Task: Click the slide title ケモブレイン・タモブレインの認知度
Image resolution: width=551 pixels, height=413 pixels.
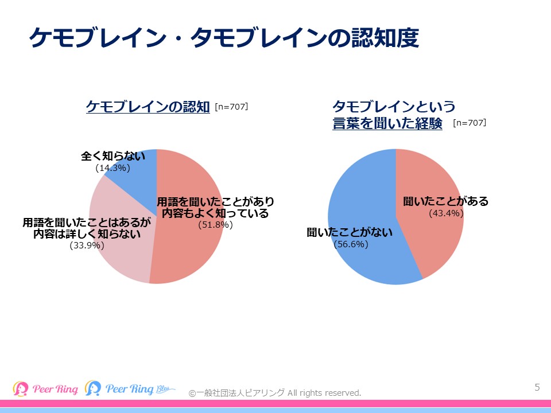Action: pyautogui.click(x=224, y=38)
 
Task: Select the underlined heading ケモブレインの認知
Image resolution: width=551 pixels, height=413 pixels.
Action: pyautogui.click(x=148, y=107)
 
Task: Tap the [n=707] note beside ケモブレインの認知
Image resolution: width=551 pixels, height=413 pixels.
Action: pyautogui.click(x=231, y=107)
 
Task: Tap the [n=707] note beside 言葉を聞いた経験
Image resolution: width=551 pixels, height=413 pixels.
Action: pyautogui.click(x=469, y=123)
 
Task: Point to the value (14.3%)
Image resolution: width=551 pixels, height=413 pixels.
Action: pyautogui.click(x=112, y=168)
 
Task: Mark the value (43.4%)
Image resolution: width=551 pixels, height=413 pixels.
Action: pyautogui.click(x=446, y=213)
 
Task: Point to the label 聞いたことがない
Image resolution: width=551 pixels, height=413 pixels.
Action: pyautogui.click(x=350, y=232)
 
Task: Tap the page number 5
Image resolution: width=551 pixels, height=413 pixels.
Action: pyautogui.click(x=537, y=387)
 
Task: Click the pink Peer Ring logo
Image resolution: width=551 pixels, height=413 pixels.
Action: pyautogui.click(x=45, y=388)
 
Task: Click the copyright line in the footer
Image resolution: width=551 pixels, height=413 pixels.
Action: pyautogui.click(x=275, y=393)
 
